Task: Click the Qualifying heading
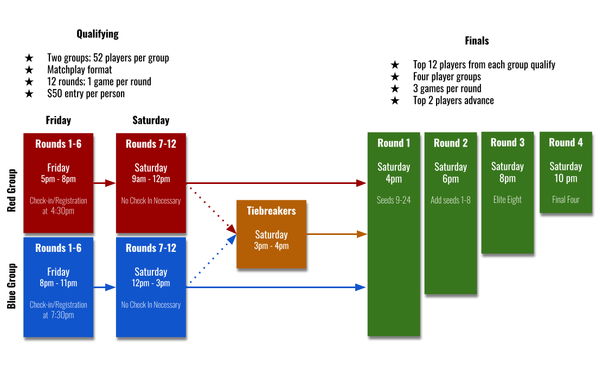tap(98, 34)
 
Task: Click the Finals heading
tap(477, 41)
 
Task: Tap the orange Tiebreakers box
tap(271, 234)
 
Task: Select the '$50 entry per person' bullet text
tap(86, 94)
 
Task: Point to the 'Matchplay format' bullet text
tap(80, 69)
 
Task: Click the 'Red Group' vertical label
tap(11, 190)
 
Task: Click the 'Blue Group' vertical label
tap(11, 286)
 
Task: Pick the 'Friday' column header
tap(58, 120)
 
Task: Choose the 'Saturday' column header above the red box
tap(151, 120)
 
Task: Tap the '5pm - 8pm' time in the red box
tap(58, 179)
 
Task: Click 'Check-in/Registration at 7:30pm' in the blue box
tap(58, 310)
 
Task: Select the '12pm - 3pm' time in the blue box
tap(151, 283)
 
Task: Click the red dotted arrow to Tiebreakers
tap(213, 209)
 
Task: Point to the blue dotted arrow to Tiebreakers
tap(213, 259)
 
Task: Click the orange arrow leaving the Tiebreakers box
tap(337, 234)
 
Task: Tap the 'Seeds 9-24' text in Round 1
tap(394, 200)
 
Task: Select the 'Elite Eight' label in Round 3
tap(507, 200)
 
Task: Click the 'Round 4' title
tap(566, 143)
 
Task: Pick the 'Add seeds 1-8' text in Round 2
tap(451, 200)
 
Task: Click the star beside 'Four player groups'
tap(395, 77)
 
